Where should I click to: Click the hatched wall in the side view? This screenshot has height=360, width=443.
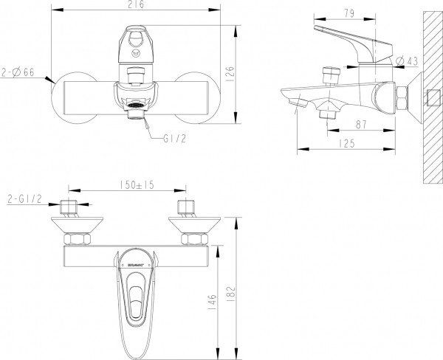pyautogui.click(x=430, y=96)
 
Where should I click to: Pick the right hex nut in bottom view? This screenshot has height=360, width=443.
pyautogui.click(x=193, y=239)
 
